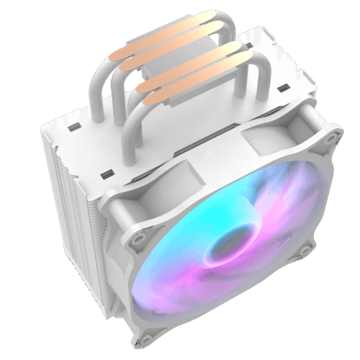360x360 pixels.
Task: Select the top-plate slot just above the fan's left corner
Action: tap(108, 173)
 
